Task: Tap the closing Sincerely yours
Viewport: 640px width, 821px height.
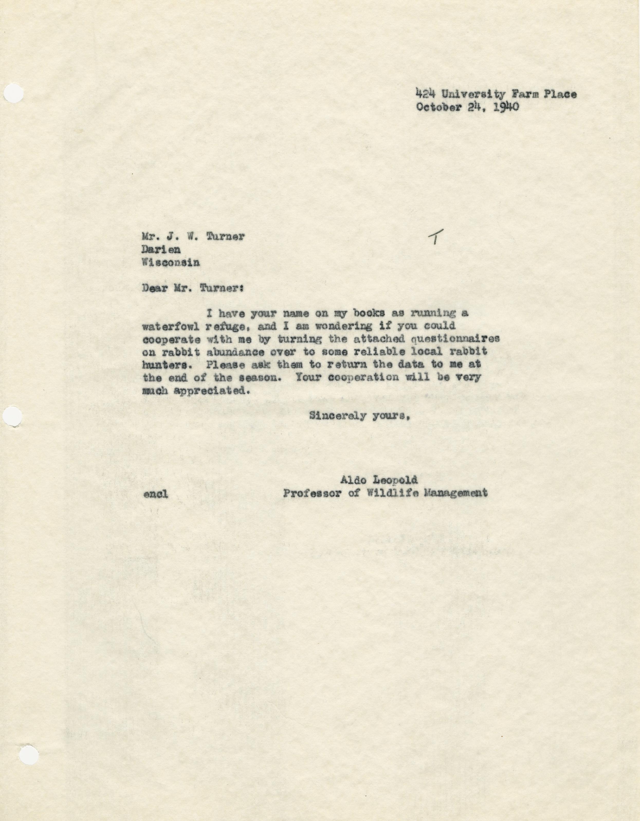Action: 359,416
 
